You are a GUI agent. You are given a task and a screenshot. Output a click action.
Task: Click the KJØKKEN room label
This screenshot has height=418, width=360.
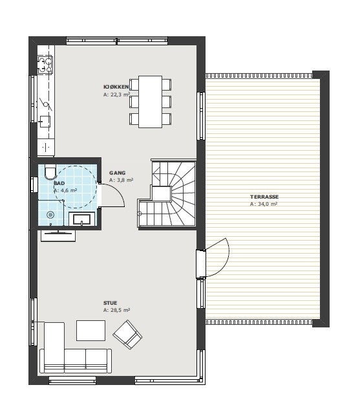click(x=116, y=87)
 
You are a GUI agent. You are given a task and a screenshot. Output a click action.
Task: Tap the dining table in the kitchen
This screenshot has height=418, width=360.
click(x=151, y=102)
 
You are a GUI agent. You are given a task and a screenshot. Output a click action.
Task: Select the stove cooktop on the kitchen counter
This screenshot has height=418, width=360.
click(x=45, y=65)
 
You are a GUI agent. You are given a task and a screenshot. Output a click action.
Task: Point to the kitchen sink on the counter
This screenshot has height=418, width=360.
click(x=45, y=120)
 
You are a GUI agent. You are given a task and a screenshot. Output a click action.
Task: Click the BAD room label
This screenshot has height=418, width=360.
click(x=59, y=184)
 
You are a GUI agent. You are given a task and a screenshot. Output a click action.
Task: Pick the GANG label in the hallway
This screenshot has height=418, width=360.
click(x=117, y=173)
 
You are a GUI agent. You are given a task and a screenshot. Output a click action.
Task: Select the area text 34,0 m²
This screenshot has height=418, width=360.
click(x=264, y=204)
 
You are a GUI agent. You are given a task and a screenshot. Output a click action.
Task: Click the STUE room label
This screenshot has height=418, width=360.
click(x=111, y=303)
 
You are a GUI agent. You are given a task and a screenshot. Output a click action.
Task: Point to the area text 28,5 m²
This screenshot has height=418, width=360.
click(x=117, y=311)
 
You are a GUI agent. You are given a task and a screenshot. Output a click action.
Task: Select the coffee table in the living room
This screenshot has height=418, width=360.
click(x=90, y=330)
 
